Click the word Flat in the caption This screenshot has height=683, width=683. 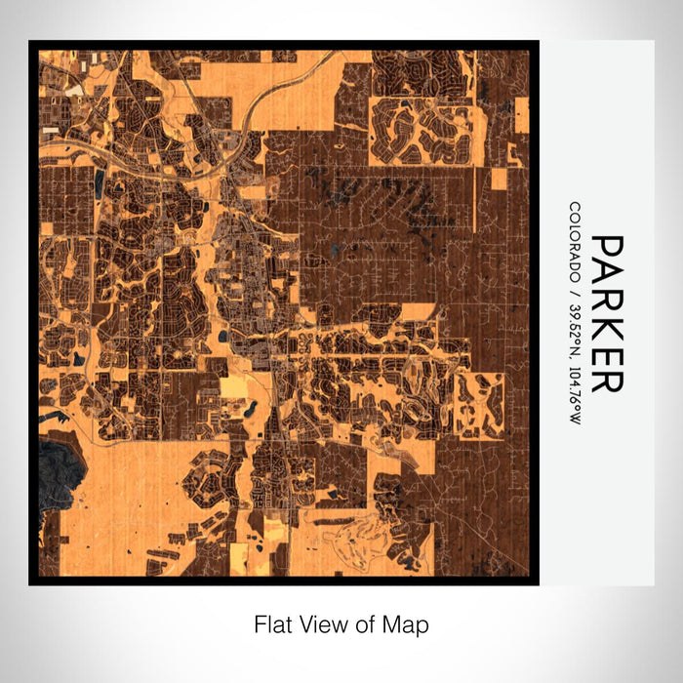click(272, 623)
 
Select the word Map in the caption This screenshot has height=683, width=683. click(409, 623)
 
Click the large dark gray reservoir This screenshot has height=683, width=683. click(60, 469)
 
